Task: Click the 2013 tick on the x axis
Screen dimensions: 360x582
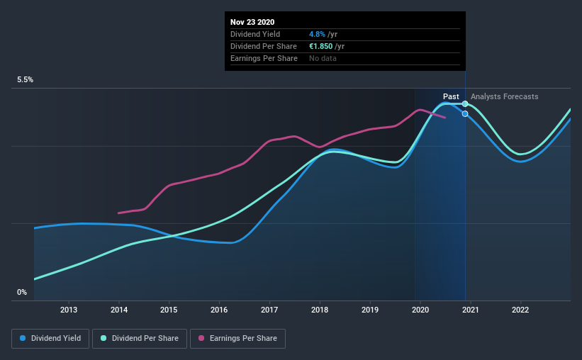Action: click(69, 310)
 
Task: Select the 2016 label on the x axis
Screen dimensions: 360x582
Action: click(219, 310)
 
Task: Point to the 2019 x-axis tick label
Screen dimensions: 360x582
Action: click(369, 310)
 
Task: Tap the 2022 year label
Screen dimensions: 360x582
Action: click(520, 310)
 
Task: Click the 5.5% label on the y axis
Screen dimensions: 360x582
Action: click(26, 80)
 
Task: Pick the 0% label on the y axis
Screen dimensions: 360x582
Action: click(22, 292)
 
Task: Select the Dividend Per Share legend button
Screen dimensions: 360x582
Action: click(144, 339)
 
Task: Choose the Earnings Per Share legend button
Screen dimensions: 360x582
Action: click(237, 339)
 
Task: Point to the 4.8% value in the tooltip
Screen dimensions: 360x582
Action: click(316, 34)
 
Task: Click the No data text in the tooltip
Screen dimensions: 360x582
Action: click(323, 58)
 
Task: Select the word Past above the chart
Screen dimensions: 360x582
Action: click(451, 96)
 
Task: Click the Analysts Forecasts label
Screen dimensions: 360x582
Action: click(504, 96)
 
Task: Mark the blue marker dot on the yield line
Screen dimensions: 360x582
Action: click(465, 113)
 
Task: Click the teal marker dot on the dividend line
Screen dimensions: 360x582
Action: click(465, 103)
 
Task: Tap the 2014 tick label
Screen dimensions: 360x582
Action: click(119, 310)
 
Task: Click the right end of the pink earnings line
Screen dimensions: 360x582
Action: click(444, 117)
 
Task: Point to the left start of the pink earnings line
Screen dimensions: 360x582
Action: click(118, 213)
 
